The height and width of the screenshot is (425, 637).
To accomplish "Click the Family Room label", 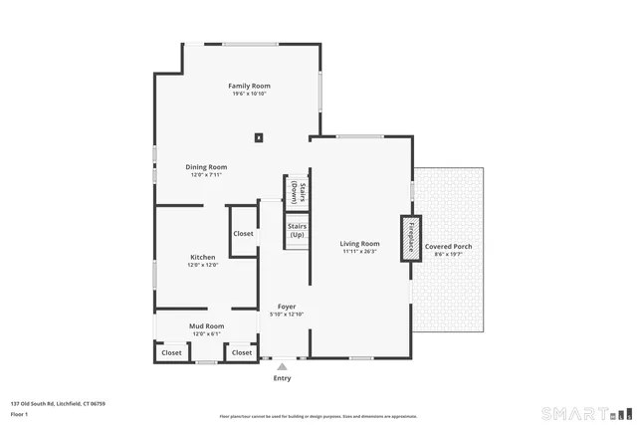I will pos(249,86).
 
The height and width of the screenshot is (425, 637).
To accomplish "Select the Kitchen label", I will pos(202,257).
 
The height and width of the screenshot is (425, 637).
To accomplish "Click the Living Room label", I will pos(359,243).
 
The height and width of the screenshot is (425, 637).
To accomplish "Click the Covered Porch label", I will pos(449,246).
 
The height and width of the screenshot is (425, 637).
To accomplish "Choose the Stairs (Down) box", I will pos(296,191).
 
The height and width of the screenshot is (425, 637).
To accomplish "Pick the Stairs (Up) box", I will pos(297,230).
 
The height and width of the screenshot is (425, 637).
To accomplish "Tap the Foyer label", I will pos(287,307).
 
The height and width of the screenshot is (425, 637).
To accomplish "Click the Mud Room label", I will pos(206,325).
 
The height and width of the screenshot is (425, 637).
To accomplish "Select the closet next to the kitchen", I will pos(243,234).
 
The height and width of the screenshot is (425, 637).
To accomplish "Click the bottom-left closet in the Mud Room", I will pos(171,352).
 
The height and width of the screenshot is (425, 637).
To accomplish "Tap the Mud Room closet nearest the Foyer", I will pos(242,352).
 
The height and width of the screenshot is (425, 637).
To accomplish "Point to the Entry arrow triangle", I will pos(282,367).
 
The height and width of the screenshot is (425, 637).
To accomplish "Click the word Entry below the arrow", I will pos(282,378).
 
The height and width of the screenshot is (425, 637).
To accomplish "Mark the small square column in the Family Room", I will pos(259,138).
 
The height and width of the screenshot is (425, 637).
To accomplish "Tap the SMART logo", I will pos(585,413).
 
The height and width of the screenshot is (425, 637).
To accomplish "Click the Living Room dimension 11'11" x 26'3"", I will pos(359,251).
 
